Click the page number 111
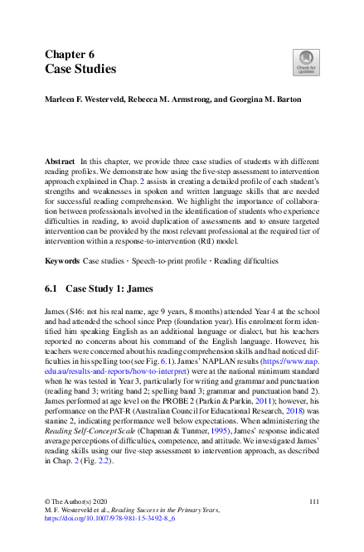[x=313, y=501]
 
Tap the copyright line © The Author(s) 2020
[x=80, y=501]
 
